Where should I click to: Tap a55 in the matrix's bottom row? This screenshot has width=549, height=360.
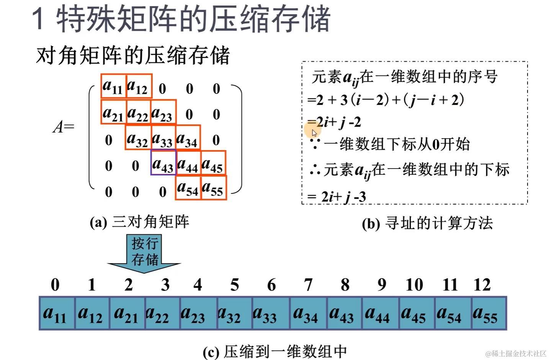(213, 188)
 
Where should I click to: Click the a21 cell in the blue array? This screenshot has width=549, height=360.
(127, 314)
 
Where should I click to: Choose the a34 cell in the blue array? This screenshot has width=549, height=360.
(308, 314)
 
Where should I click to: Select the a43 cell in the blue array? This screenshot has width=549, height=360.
(344, 314)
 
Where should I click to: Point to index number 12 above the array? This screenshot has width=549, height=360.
(482, 285)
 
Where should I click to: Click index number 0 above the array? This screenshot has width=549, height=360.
(55, 285)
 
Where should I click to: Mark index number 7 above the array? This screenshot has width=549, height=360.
(308, 285)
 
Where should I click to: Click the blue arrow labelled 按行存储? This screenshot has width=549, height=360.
(144, 253)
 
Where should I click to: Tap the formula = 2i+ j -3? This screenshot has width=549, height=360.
(337, 197)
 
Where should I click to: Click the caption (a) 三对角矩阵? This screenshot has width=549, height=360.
(139, 222)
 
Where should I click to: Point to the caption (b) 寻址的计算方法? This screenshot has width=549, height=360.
(427, 223)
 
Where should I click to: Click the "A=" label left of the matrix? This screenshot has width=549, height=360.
(63, 127)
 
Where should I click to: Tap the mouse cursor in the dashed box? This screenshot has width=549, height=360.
(314, 133)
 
